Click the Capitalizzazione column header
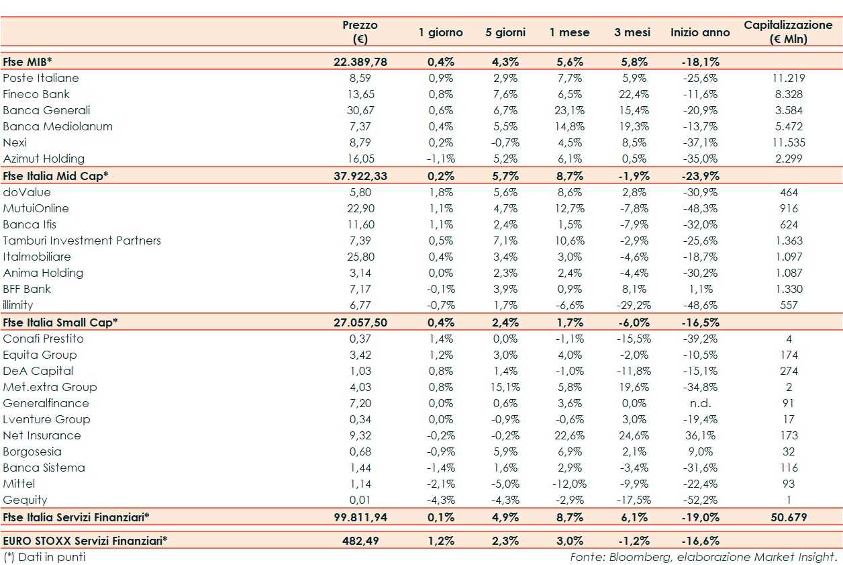point(788,32)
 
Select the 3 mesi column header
point(627,32)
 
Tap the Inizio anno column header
point(700,32)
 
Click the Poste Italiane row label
point(41,78)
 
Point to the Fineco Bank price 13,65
point(360,94)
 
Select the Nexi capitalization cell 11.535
point(789,142)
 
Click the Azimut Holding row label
point(44,159)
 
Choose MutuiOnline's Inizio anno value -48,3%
point(700,208)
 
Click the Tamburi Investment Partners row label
point(82,241)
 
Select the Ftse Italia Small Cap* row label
point(60,322)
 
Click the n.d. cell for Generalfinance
point(700,403)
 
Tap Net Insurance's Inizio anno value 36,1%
point(700,435)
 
